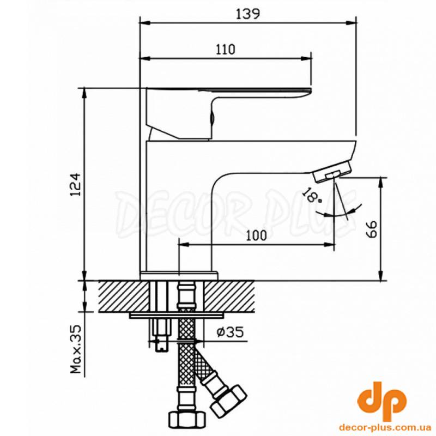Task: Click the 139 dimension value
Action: (x=248, y=14)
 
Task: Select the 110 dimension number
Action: (x=226, y=50)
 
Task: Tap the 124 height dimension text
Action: (x=76, y=185)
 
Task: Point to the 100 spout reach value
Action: (x=256, y=235)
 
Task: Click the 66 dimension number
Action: (x=371, y=229)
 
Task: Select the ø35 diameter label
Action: (x=230, y=332)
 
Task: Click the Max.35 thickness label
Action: (x=76, y=349)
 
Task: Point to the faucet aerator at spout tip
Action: (x=332, y=172)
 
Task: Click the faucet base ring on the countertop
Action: (x=179, y=275)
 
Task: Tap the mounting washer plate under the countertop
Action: (x=177, y=316)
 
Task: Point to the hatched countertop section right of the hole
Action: (x=229, y=296)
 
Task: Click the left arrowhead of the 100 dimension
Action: (x=184, y=244)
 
